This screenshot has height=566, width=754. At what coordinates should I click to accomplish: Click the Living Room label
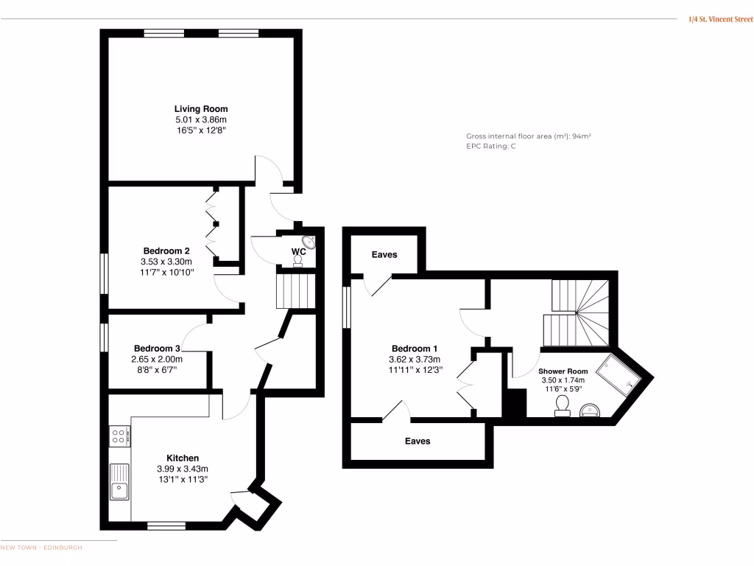coord(201,109)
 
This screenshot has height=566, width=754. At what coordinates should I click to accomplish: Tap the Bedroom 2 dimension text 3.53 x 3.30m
coord(166,262)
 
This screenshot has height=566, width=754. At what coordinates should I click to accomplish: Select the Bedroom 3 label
coord(157,349)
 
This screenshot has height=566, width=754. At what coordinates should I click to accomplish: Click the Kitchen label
coord(182,458)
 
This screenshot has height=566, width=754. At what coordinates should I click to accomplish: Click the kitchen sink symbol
coord(119,482)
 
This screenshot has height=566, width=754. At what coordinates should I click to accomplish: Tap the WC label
coord(298,252)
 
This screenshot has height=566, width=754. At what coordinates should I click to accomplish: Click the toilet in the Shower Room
coord(563,405)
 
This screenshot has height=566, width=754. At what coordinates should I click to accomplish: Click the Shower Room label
coord(563,371)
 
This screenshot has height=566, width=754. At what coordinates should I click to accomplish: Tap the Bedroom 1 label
coord(415,349)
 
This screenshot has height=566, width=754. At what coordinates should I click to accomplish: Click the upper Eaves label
coord(384,255)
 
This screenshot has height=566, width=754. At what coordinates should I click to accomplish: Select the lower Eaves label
coord(417,441)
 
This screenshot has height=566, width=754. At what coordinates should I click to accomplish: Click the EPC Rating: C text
coord(491,147)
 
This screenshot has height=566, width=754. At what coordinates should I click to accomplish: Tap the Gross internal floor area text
coord(529,136)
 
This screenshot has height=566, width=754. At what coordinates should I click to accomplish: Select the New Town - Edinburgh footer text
coord(41,548)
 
